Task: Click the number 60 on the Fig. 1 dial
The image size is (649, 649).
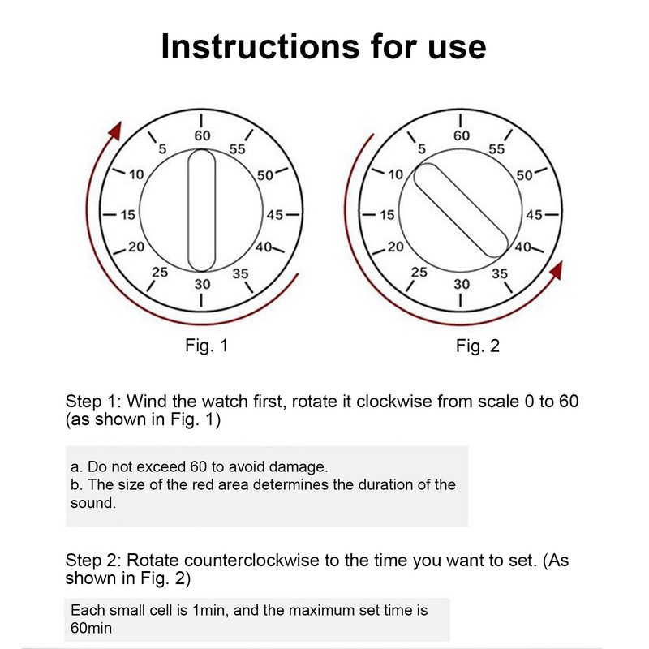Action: [201, 136]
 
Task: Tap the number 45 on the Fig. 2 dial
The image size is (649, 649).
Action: [533, 215]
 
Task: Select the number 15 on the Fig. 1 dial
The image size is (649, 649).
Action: [127, 215]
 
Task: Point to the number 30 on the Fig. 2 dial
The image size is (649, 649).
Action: [462, 284]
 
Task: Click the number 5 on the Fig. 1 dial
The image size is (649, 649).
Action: [162, 148]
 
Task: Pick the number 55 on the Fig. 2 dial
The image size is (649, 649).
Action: [496, 149]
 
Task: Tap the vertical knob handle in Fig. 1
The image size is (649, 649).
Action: [201, 210]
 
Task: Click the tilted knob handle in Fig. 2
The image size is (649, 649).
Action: [462, 209]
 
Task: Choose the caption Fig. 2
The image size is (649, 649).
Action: [478, 346]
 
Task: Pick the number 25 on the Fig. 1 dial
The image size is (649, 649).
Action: [160, 273]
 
